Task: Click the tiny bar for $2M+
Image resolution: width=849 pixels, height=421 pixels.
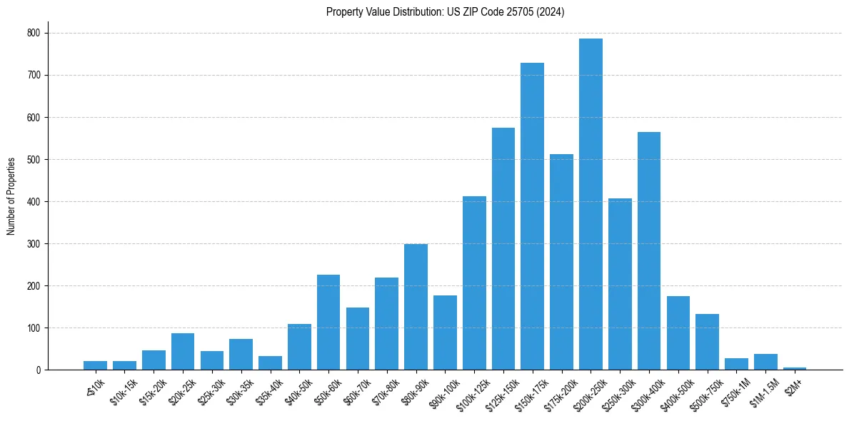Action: click(x=795, y=368)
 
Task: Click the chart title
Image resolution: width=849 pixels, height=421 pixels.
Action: click(x=445, y=12)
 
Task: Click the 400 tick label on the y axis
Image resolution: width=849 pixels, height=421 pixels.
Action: click(x=34, y=201)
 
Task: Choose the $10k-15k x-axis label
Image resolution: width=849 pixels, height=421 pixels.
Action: click(x=124, y=391)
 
